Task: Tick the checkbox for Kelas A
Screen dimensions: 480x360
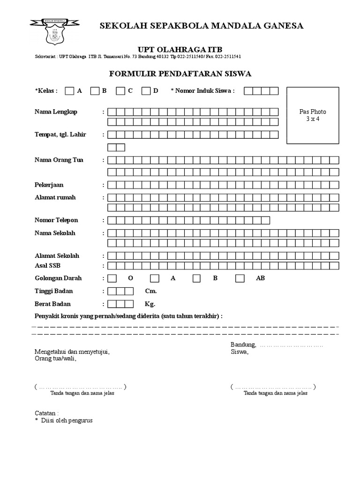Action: point(69,91)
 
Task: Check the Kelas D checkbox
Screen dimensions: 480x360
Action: point(146,91)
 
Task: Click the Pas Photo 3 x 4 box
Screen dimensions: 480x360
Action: point(313,115)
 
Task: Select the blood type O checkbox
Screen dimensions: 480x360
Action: point(112,278)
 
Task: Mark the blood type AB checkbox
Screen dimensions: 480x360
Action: point(240,278)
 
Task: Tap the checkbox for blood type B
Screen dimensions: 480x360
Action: point(196,278)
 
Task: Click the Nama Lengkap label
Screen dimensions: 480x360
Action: point(56,112)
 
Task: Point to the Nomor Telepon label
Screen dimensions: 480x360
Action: point(56,220)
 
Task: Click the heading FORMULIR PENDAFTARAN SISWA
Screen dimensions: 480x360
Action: point(180,74)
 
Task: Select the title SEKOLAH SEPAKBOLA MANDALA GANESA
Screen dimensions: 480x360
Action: point(202,26)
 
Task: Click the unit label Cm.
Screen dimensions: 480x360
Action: point(150,291)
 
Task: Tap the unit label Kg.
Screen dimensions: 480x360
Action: point(150,304)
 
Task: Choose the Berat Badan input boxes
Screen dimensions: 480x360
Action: point(120,304)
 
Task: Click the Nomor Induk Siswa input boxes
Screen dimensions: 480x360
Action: point(261,91)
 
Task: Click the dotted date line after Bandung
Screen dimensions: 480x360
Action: point(291,345)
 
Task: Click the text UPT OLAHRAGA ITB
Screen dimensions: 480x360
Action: point(180,50)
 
